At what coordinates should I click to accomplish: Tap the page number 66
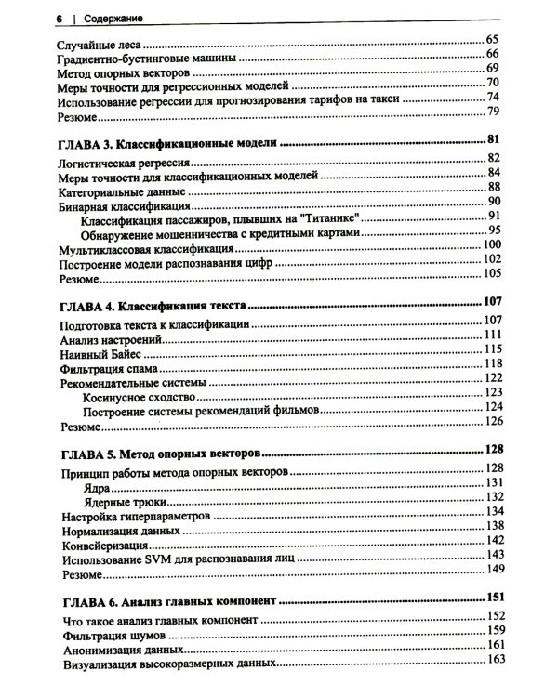pyautogui.click(x=493, y=56)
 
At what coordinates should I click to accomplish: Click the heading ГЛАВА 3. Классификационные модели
pyautogui.click(x=168, y=143)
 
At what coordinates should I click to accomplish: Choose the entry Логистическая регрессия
pyautogui.click(x=126, y=161)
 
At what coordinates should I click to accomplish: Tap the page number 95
pyautogui.click(x=493, y=231)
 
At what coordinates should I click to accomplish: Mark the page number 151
pyautogui.click(x=493, y=598)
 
